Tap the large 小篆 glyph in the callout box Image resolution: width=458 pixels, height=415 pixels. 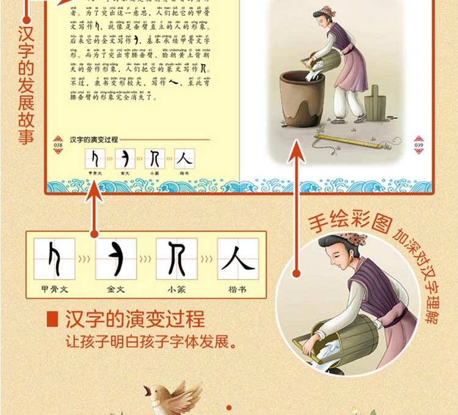click(176, 258)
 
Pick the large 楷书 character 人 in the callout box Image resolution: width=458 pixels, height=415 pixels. click(238, 258)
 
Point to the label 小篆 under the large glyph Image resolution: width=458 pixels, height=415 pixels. click(176, 289)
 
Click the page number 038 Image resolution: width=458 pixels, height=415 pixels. click(58, 145)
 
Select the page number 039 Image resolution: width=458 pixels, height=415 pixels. click(419, 145)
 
